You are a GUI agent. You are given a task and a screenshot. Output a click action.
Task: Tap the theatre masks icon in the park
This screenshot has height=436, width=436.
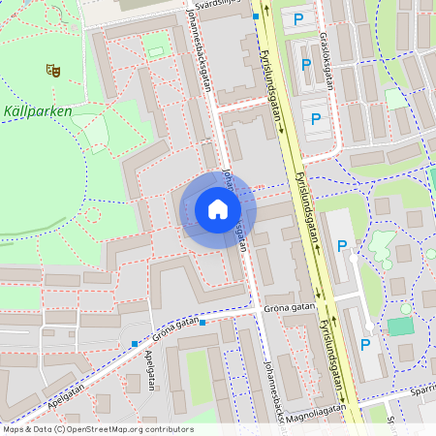tap(52, 70)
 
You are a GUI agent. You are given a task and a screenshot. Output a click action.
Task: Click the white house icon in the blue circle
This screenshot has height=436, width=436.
tap(218, 208)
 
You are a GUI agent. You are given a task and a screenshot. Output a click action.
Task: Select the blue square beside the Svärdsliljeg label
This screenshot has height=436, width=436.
tap(255, 16)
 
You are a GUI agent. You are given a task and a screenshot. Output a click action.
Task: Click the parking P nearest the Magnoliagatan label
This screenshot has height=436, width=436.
tap(365, 345)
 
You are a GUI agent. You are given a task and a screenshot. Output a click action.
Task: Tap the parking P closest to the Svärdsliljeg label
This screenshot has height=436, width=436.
tap(297, 18)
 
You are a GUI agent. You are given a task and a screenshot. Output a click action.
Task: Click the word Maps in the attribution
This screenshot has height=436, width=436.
tap(14, 428)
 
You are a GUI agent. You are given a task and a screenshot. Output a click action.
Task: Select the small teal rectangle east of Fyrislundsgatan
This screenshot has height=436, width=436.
tap(399, 326)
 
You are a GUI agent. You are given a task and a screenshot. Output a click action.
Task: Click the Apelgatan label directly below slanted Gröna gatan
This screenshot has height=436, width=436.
tap(149, 368)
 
